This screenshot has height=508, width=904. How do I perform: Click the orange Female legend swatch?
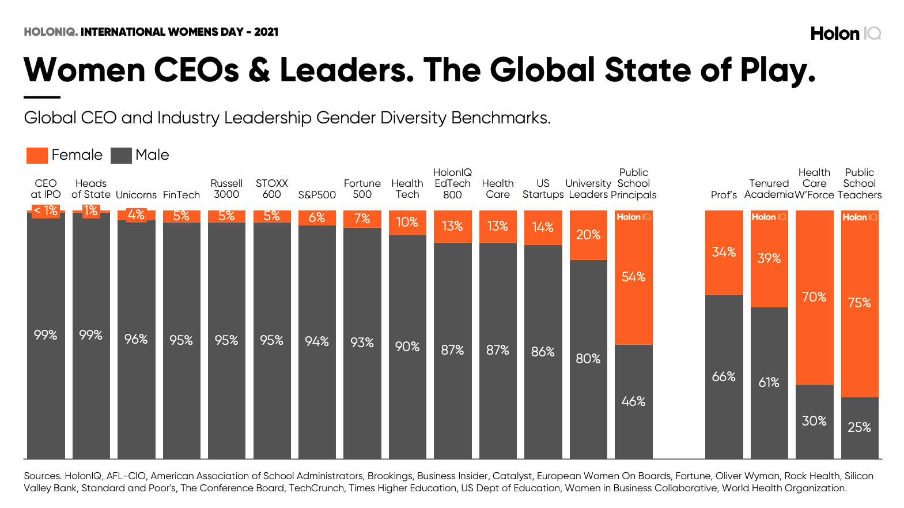point(37,155)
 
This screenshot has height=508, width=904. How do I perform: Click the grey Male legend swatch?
point(121,155)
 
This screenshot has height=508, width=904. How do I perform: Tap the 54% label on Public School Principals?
point(633,277)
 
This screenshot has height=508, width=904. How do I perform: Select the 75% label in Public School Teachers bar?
point(859,303)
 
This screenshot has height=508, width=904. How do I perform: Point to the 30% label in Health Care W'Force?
point(814,421)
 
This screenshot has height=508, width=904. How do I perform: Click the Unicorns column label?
point(136,195)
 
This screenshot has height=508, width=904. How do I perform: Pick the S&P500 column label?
point(317,195)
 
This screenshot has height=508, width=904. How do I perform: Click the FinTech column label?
point(181,195)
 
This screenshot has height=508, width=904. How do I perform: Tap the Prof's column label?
point(724,195)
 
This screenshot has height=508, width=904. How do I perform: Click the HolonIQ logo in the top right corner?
point(845,33)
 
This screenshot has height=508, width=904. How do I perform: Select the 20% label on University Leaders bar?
point(588,235)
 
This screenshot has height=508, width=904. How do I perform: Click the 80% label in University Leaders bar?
point(588,359)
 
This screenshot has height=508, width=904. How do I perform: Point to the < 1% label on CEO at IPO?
point(46,210)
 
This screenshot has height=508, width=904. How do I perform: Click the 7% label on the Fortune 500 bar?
point(362,219)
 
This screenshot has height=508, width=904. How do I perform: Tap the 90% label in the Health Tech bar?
point(407,347)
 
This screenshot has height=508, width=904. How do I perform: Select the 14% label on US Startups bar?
point(543,227)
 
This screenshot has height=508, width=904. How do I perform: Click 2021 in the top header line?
point(266,32)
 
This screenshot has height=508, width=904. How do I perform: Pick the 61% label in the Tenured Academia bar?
point(769,382)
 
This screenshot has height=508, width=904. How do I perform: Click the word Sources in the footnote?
point(42,476)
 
